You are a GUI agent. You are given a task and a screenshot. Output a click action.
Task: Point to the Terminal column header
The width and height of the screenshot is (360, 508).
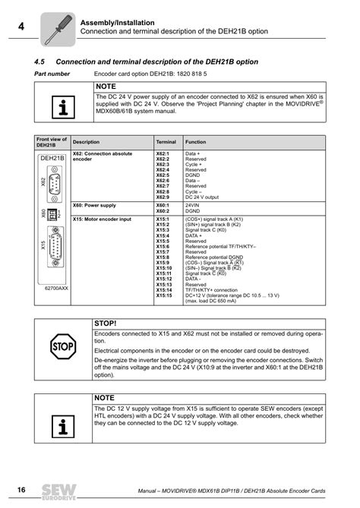coord(166,142)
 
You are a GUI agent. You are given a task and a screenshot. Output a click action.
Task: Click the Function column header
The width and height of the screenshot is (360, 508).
coord(195,142)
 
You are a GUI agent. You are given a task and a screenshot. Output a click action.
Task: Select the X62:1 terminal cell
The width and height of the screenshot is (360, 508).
coord(163,153)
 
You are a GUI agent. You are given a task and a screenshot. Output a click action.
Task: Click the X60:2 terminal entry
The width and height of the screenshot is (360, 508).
coord(163,210)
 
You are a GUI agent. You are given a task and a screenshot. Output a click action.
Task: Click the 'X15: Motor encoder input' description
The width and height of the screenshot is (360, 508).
coord(102,219)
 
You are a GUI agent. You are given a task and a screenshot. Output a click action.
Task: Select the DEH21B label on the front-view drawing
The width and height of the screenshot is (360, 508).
coord(52,158)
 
